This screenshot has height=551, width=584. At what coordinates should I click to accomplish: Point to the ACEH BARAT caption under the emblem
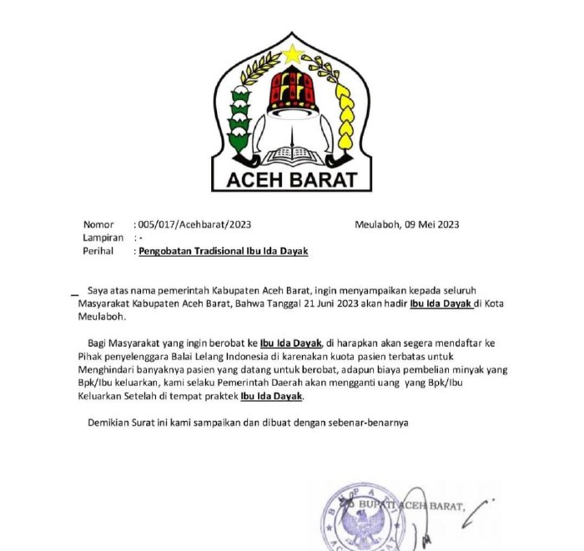pyautogui.click(x=291, y=179)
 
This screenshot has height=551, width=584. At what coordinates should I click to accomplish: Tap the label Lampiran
pyautogui.click(x=103, y=238)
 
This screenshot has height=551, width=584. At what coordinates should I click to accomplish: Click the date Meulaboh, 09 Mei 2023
pyautogui.click(x=406, y=224)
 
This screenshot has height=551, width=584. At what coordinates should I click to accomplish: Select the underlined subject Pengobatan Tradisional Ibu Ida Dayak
pyautogui.click(x=235, y=251)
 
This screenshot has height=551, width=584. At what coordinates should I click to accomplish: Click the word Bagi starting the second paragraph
pyautogui.click(x=98, y=343)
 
